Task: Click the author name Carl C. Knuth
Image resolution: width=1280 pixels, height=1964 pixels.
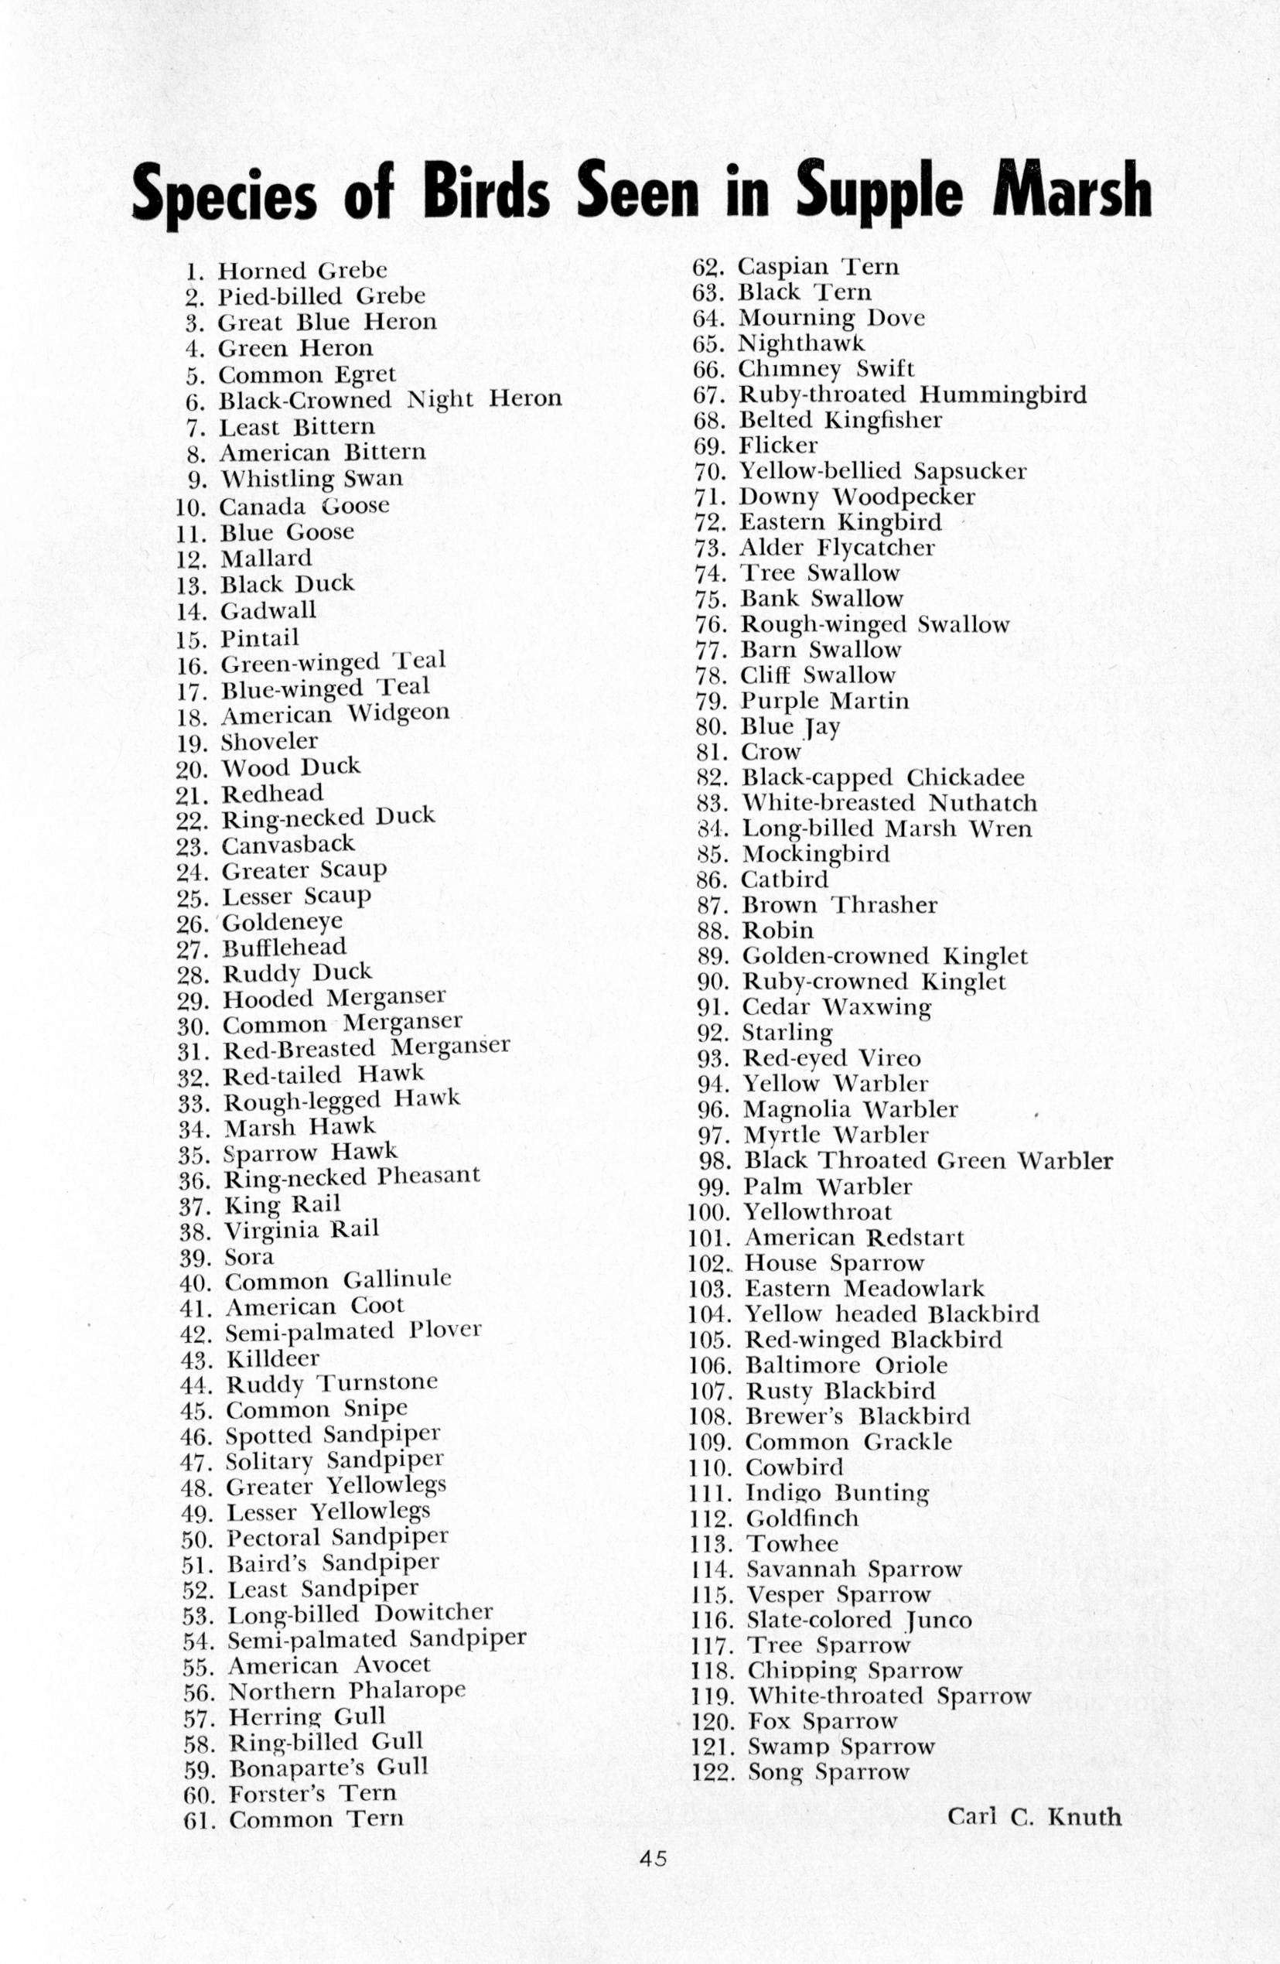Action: [1034, 1816]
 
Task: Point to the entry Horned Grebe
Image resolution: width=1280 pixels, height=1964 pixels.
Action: [302, 271]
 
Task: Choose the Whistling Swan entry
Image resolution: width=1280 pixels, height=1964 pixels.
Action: [311, 479]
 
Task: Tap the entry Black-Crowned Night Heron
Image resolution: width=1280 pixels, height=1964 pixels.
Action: [390, 400]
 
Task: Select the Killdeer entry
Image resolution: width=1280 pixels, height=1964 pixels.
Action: [272, 1358]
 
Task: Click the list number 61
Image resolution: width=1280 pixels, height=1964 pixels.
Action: [199, 1819]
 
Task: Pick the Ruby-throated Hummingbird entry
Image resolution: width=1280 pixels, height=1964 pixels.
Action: [912, 395]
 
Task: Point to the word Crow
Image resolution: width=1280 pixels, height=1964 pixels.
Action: [771, 752]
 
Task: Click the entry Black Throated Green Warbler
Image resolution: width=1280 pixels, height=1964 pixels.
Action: [928, 1161]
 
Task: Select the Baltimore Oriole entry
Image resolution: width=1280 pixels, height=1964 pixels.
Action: [846, 1366]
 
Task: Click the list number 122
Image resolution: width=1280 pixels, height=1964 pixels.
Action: [713, 1773]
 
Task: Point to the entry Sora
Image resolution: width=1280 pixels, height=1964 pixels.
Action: [249, 1257]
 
